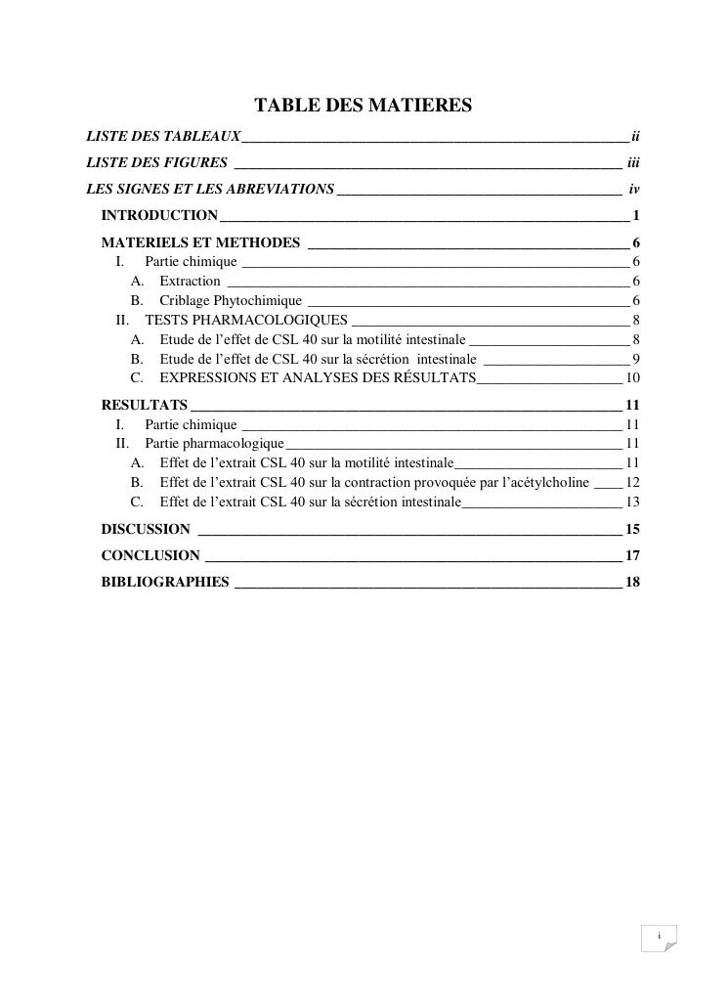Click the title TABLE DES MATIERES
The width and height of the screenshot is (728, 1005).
[x=364, y=105]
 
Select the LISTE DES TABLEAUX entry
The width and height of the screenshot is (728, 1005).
[x=163, y=135]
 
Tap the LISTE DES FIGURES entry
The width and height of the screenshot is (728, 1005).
[x=156, y=162]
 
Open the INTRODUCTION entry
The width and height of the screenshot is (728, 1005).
[x=159, y=215]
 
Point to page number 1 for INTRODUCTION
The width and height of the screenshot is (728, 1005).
[x=635, y=215]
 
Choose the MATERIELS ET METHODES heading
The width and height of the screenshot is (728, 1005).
[x=200, y=242]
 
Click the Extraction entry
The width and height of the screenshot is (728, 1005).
[x=190, y=282]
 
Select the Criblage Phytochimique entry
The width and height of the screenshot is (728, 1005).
[x=231, y=301]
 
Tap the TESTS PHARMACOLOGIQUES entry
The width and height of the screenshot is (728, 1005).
[x=246, y=320]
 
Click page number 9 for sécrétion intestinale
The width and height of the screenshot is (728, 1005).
[x=635, y=359]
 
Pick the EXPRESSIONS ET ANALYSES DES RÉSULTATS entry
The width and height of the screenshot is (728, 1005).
[x=318, y=378]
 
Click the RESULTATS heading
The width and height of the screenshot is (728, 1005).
[x=145, y=405]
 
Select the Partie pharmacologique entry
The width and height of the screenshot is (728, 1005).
[x=214, y=444]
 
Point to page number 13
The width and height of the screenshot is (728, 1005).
[x=632, y=502]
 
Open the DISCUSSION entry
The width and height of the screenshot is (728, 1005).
[x=146, y=529]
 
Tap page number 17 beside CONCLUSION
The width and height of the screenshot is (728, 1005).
[x=632, y=555]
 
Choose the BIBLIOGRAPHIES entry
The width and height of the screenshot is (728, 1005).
[x=165, y=583]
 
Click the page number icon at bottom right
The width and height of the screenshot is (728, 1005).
[x=660, y=938]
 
